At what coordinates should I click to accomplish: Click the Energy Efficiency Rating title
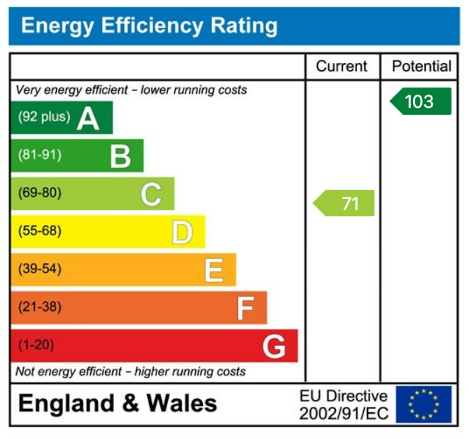(x=149, y=27)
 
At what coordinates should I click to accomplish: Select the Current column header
(x=342, y=67)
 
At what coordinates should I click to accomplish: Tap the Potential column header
(x=421, y=67)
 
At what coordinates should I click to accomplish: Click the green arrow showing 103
(x=420, y=102)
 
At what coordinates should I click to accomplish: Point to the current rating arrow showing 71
(x=344, y=203)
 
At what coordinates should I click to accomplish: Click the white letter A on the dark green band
(x=88, y=118)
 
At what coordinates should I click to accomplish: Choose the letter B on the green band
(x=120, y=156)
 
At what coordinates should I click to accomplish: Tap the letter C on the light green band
(x=151, y=194)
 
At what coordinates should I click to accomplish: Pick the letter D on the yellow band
(x=182, y=232)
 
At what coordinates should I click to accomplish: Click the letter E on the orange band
(x=213, y=270)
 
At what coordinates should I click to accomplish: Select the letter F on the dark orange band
(x=244, y=307)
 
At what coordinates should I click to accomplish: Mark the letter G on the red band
(x=274, y=346)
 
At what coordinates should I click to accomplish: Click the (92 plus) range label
(x=44, y=117)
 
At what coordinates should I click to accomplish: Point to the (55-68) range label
(x=40, y=231)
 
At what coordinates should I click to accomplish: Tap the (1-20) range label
(x=36, y=345)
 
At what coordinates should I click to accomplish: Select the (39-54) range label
(x=40, y=269)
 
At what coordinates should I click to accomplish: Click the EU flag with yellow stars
(x=423, y=404)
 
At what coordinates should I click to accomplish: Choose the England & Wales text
(x=118, y=404)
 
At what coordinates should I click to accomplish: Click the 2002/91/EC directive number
(x=343, y=413)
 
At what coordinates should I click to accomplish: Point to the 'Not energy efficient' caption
(x=130, y=371)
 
